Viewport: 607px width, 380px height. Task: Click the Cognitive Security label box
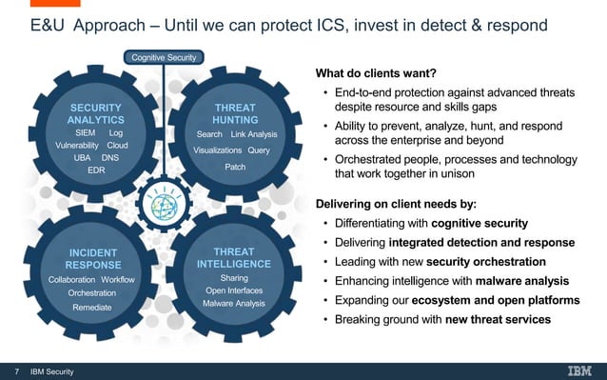pyautogui.click(x=164, y=58)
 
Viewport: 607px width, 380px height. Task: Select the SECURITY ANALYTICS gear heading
pyautogui.click(x=95, y=114)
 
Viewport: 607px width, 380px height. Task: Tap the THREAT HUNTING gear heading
pyautogui.click(x=235, y=114)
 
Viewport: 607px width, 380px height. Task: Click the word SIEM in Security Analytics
pyautogui.click(x=85, y=133)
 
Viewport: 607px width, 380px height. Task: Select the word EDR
pyautogui.click(x=96, y=170)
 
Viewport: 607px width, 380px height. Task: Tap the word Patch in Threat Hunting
pyautogui.click(x=235, y=167)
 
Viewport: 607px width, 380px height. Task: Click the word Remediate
pyautogui.click(x=92, y=307)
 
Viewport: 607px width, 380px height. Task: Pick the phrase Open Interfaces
pyautogui.click(x=234, y=290)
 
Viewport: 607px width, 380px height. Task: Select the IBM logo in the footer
pyautogui.click(x=579, y=370)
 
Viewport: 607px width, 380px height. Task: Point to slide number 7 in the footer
pyautogui.click(x=16, y=370)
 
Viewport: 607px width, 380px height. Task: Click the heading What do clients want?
pyautogui.click(x=375, y=74)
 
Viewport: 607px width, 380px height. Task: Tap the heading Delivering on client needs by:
pyautogui.click(x=395, y=203)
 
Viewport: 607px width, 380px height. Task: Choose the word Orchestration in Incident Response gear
pyautogui.click(x=92, y=293)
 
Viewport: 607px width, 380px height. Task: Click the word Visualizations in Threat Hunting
pyautogui.click(x=218, y=150)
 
